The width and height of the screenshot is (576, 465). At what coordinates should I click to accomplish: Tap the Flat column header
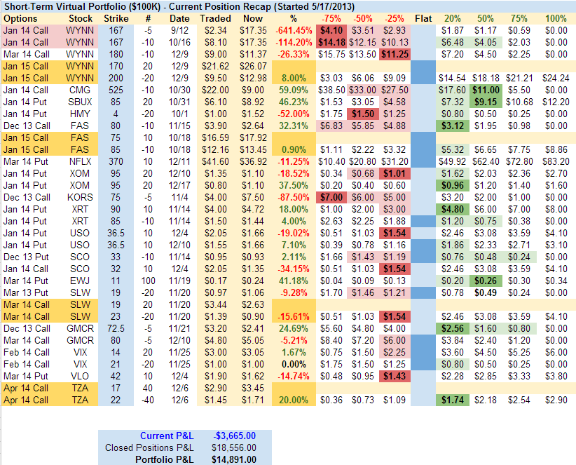[423, 18]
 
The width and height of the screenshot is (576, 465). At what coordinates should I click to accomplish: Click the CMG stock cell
[79, 90]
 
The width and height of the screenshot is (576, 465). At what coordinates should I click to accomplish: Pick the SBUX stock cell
[79, 102]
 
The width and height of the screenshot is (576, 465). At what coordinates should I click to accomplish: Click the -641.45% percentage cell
[294, 31]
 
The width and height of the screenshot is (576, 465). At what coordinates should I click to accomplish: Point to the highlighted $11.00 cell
[484, 90]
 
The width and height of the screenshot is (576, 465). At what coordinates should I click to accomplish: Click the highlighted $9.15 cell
[484, 102]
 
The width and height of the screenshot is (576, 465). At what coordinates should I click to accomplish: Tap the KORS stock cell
[79, 198]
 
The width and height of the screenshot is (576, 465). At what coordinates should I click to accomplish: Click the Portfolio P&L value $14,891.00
[234, 459]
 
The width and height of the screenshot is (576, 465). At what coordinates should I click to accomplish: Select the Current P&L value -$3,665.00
[235, 436]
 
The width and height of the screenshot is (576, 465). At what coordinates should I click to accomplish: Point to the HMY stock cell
[79, 114]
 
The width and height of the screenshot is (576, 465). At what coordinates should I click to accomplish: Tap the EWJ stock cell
[79, 281]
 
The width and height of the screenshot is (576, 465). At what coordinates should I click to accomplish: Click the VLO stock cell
[79, 377]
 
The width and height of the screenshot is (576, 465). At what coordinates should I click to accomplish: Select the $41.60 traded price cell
[214, 162]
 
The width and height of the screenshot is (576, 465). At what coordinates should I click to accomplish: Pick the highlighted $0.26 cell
[484, 281]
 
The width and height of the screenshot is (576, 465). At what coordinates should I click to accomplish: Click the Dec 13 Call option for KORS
[25, 198]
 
